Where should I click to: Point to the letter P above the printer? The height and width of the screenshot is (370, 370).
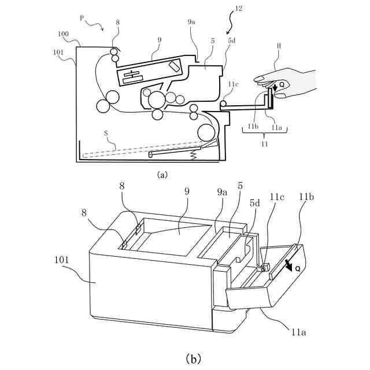click(x=83, y=20)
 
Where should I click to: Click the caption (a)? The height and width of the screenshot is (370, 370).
click(x=162, y=173)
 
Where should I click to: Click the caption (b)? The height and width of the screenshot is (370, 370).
click(x=193, y=359)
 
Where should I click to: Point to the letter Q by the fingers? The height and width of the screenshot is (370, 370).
click(x=282, y=84)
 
